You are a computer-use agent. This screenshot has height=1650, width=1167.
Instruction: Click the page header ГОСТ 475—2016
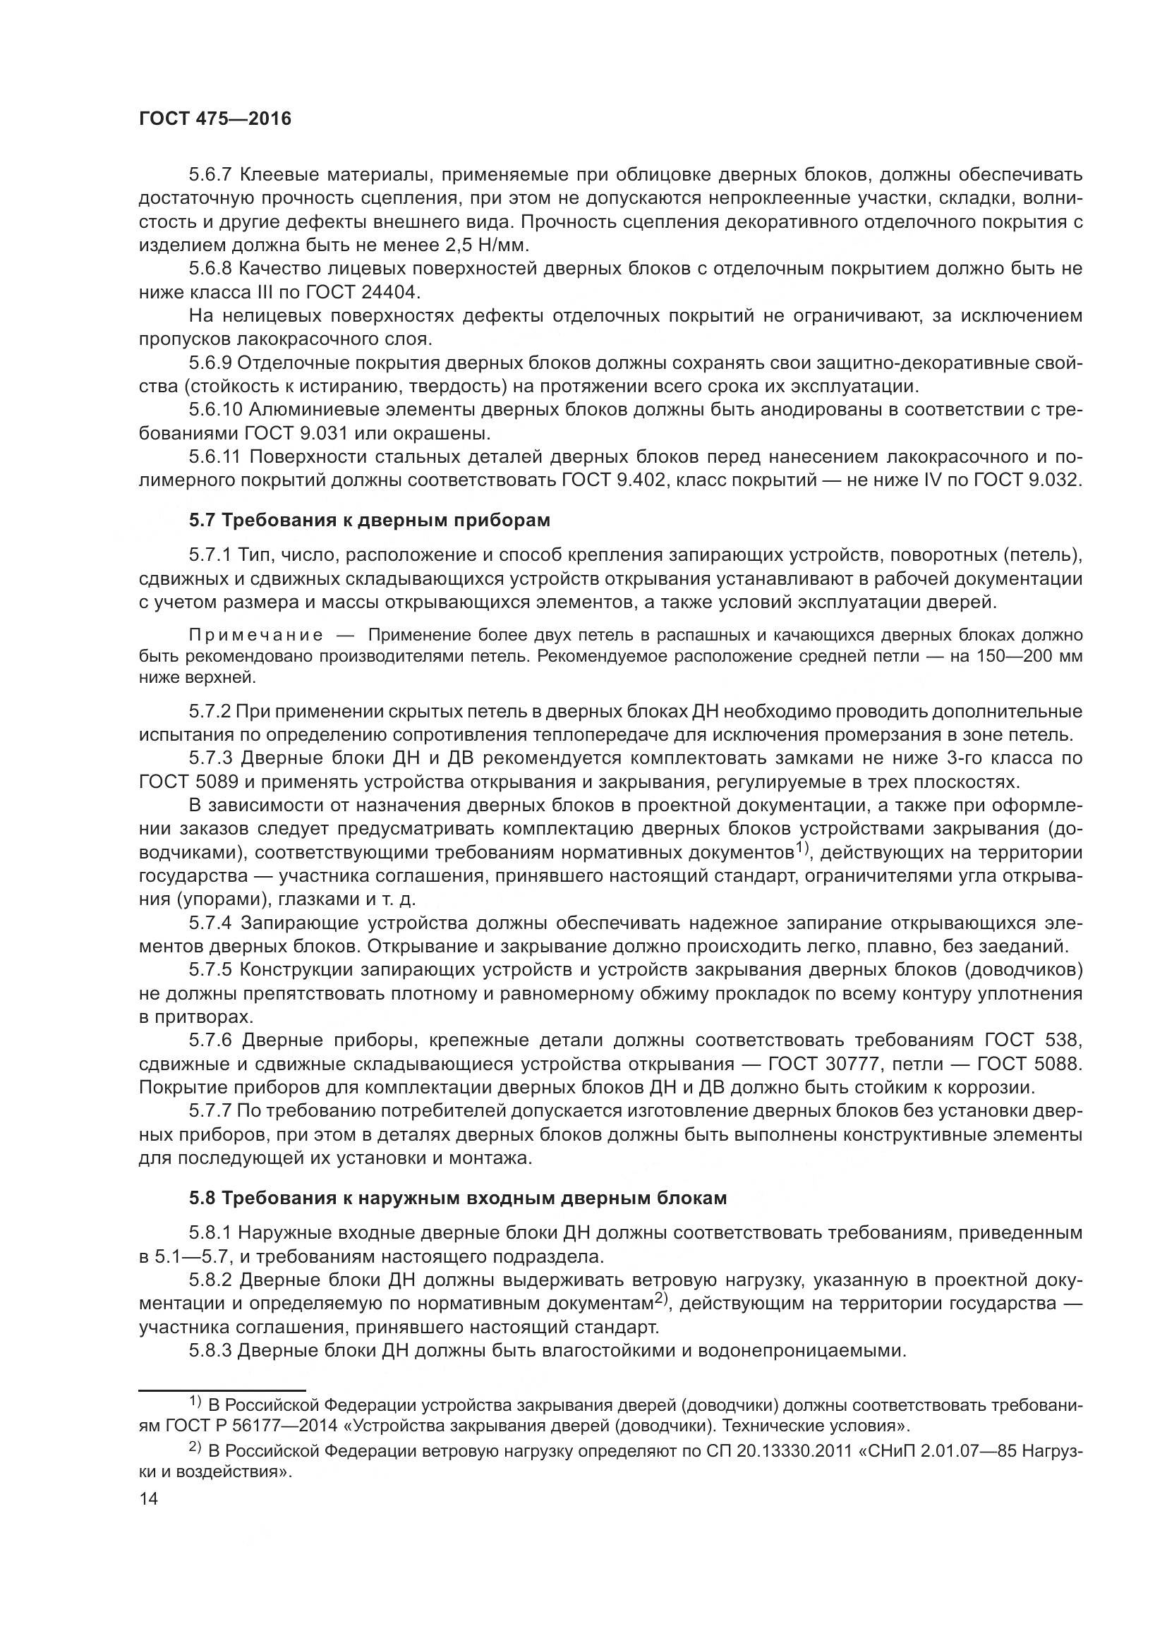[x=215, y=119]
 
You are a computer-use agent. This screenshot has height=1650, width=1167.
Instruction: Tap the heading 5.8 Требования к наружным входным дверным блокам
[x=458, y=1198]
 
